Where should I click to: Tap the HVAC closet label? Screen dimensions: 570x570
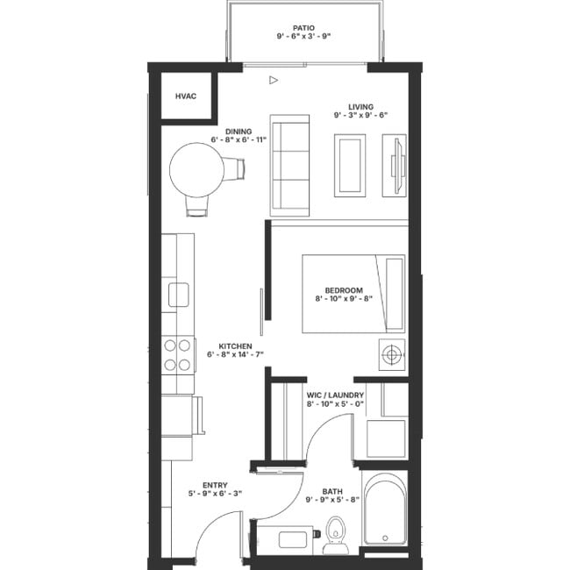click(x=185, y=96)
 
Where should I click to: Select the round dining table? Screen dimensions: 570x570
click(x=196, y=170)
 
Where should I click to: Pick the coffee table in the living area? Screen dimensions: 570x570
click(x=350, y=165)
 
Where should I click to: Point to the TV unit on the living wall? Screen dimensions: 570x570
click(x=395, y=165)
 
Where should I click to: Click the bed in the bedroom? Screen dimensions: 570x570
click(x=353, y=294)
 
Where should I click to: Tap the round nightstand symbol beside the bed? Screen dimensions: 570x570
click(x=392, y=354)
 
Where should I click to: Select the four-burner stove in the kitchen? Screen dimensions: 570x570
click(x=178, y=355)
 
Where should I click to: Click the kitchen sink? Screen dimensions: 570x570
click(x=179, y=295)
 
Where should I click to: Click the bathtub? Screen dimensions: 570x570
click(x=385, y=509)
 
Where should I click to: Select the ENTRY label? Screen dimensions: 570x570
click(x=215, y=485)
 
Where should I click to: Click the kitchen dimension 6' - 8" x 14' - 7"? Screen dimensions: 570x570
click(x=235, y=355)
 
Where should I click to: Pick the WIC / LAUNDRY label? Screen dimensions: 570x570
click(x=335, y=395)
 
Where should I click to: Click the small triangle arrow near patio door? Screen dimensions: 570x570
click(x=274, y=81)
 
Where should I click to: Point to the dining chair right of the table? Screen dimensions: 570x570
click(x=234, y=167)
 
